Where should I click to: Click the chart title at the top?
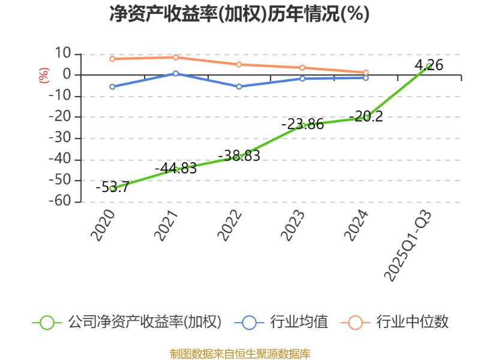click(239, 13)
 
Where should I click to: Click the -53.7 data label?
click(112, 187)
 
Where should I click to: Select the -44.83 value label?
click(176, 169)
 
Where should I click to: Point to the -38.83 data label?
click(239, 155)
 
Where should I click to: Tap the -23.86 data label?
click(302, 124)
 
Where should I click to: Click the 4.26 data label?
click(429, 65)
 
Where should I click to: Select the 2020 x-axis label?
click(103, 225)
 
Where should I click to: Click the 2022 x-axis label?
click(230, 225)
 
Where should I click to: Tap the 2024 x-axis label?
click(357, 225)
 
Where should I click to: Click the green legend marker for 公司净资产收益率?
click(47, 322)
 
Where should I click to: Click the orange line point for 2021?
click(176, 58)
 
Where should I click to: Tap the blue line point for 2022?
click(239, 86)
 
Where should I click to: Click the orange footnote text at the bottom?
click(240, 353)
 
